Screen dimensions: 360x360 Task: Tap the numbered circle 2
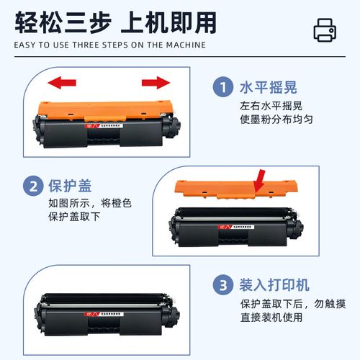[32, 186]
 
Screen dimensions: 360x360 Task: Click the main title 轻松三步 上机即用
[115, 22]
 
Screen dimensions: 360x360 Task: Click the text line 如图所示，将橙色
[80, 203]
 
